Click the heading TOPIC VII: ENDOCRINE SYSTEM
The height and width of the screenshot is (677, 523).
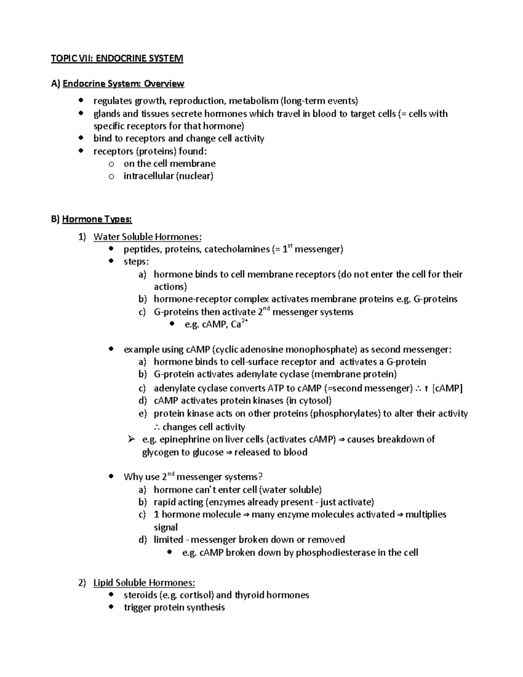tap(117, 58)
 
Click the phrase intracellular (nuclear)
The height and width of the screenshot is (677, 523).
tap(168, 176)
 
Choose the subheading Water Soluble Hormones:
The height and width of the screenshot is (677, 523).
tap(148, 237)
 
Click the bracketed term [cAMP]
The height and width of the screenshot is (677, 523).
tap(447, 388)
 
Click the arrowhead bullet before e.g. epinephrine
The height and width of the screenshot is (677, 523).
tap(131, 439)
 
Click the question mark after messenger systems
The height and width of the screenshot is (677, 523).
tap(261, 477)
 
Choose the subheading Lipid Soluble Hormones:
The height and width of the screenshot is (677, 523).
tap(144, 583)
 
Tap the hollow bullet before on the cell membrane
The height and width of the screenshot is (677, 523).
tap(111, 164)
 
